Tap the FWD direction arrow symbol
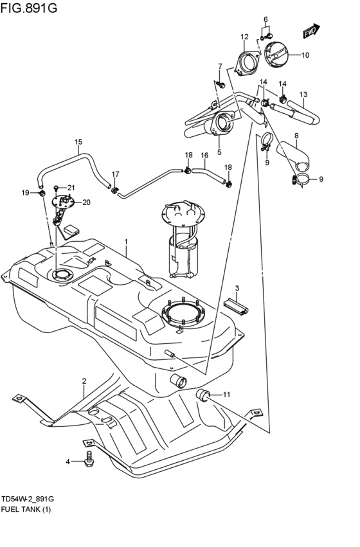[310, 31]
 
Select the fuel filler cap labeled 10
[278, 55]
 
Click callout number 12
[244, 37]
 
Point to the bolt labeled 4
[89, 459]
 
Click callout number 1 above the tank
[127, 242]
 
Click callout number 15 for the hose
[78, 142]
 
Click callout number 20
[87, 202]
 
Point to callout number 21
[71, 188]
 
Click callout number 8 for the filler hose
[296, 136]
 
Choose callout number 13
[303, 95]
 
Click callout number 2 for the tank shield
[84, 382]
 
